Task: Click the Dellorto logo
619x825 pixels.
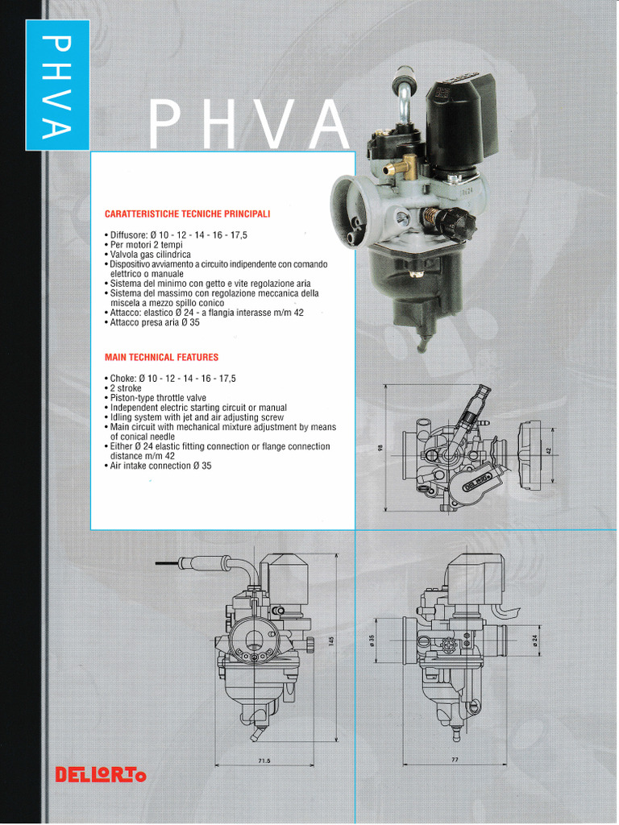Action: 101,775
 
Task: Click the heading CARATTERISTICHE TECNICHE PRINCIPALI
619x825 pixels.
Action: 187,214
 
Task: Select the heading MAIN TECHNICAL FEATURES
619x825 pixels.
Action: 161,357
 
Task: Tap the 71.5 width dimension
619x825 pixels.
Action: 264,761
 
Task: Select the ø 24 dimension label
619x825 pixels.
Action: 535,639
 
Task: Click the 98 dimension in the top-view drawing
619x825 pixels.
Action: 379,448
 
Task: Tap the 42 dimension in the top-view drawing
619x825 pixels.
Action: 548,451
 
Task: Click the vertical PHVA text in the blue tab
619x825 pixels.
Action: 57,85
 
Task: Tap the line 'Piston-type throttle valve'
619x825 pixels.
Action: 157,398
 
